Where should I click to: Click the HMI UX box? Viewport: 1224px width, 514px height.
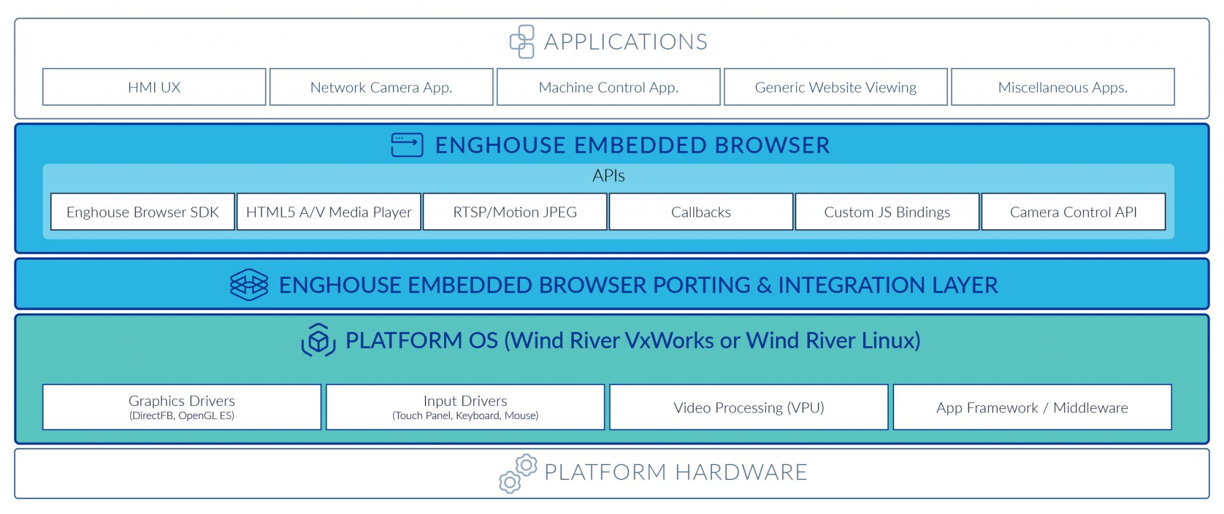(154, 87)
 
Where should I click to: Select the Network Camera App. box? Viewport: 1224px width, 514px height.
(381, 87)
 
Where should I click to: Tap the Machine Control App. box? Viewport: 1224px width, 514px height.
(608, 87)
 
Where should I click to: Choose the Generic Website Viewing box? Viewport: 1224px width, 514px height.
(836, 87)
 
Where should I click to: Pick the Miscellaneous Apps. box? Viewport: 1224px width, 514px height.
(1063, 87)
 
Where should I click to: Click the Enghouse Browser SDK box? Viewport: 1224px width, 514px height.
(143, 212)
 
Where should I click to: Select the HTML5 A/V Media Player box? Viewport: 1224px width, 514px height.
(329, 212)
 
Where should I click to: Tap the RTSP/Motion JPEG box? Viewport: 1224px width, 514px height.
(515, 212)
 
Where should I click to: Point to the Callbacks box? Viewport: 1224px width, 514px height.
(701, 212)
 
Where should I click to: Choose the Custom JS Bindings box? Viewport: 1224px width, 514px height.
(887, 212)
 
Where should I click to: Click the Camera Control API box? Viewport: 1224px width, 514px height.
(1073, 212)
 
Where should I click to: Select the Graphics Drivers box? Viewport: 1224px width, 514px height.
(182, 407)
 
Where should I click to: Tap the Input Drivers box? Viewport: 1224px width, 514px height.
(465, 407)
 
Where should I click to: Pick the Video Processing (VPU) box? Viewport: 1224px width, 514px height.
(749, 407)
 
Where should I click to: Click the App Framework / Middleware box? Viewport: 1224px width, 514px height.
(1032, 407)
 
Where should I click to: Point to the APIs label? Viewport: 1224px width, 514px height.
(608, 176)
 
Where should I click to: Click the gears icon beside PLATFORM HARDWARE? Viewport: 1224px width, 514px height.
(518, 473)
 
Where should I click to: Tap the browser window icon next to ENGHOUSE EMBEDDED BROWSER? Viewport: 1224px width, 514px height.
(407, 145)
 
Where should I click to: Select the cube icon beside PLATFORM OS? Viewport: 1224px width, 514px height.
(319, 340)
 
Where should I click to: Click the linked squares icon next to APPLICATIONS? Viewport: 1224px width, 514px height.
(522, 41)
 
